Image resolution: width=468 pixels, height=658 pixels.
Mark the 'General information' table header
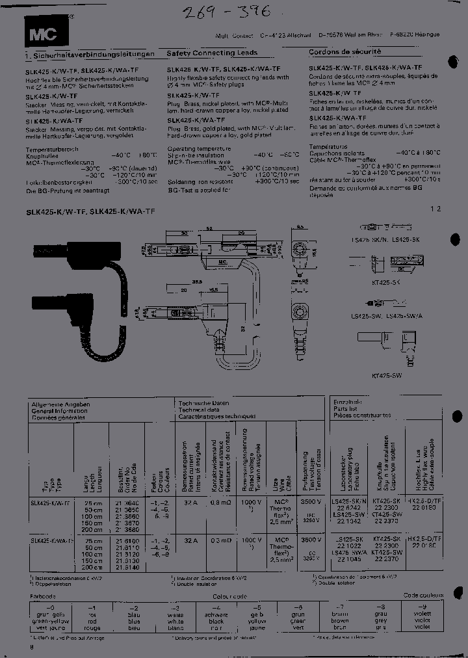pyautogui.click(x=59, y=411)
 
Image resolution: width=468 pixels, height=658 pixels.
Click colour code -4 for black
pyautogui.click(x=216, y=606)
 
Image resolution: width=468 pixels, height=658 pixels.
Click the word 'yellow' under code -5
pyautogui.click(x=257, y=620)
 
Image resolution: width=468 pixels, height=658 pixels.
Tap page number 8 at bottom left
pyautogui.click(x=31, y=648)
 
